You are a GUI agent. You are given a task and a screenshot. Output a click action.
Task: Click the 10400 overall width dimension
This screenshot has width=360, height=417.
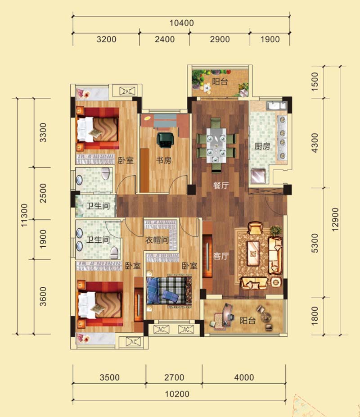tap(182, 23)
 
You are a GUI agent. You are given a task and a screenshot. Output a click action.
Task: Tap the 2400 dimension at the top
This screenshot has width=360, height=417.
tap(165, 39)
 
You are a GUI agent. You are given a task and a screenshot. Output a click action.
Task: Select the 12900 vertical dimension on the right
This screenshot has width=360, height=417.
tap(336, 219)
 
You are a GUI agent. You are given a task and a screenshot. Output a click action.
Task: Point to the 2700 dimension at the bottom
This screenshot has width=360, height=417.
tap(174, 377)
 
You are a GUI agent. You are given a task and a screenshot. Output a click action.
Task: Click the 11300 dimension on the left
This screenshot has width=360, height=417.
tap(24, 215)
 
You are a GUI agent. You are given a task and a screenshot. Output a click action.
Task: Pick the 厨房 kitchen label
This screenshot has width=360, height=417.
tap(262, 146)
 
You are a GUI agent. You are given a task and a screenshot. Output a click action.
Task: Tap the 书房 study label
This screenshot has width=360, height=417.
tap(164, 160)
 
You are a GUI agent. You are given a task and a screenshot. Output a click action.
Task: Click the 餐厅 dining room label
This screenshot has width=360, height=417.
tap(221, 185)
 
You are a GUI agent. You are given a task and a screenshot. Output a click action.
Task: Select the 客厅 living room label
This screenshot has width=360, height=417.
tap(221, 256)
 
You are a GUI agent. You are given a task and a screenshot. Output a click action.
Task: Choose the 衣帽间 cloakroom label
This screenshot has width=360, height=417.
tap(157, 240)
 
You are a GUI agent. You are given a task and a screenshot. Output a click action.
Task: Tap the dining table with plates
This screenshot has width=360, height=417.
tap(216, 145)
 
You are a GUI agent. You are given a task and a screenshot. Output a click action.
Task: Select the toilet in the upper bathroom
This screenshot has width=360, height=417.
tap(106, 174)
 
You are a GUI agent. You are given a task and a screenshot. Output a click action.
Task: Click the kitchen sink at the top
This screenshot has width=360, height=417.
tap(276, 105)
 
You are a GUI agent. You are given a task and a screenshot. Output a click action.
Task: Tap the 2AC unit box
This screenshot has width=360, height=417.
tap(127, 91)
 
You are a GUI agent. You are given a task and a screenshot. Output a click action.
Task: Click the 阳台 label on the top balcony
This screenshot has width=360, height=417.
tap(220, 82)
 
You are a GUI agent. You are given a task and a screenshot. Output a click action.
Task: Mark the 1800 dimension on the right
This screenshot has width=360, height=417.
tap(314, 316)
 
